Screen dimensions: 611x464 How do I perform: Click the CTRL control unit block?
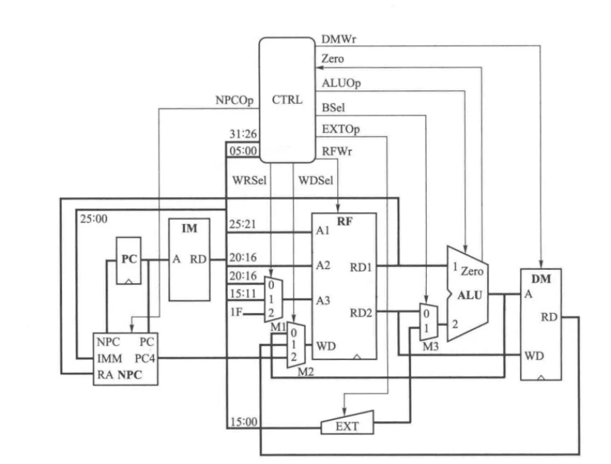[x=287, y=100]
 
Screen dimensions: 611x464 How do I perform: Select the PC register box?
[x=129, y=260]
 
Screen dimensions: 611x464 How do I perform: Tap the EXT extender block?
[x=347, y=423]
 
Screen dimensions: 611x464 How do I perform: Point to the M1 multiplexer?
[x=274, y=299]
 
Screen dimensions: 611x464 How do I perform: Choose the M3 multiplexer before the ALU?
[x=429, y=322]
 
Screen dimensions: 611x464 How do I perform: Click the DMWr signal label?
[x=339, y=39]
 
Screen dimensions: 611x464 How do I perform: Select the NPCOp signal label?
[x=235, y=100]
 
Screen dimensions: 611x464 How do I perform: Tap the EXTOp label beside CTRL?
[x=341, y=129]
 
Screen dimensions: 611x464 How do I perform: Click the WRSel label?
[x=250, y=181]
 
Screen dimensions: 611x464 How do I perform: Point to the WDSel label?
[x=316, y=181]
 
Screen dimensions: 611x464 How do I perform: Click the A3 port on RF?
[x=323, y=300]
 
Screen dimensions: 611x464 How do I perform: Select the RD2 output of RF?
[x=361, y=312]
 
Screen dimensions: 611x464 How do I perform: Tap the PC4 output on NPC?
[x=145, y=359]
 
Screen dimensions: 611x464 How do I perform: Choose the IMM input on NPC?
[x=110, y=359]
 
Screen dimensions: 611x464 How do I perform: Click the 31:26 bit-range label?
[x=243, y=134]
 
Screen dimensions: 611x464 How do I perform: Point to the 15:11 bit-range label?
[x=243, y=294]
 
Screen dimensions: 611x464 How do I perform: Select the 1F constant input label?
[x=237, y=312]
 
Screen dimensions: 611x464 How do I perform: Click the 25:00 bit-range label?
[x=93, y=218]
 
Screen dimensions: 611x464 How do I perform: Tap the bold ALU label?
[x=469, y=295]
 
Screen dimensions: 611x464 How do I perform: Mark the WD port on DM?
[x=534, y=356]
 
